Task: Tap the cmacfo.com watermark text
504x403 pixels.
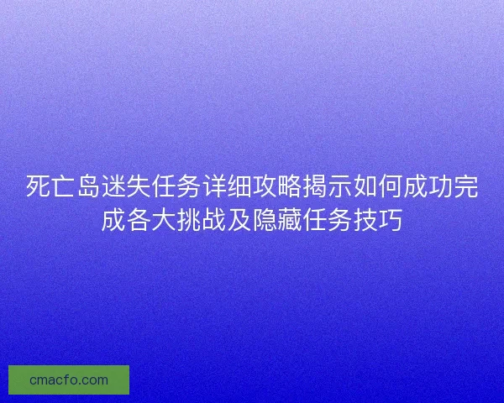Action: coord(69,379)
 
